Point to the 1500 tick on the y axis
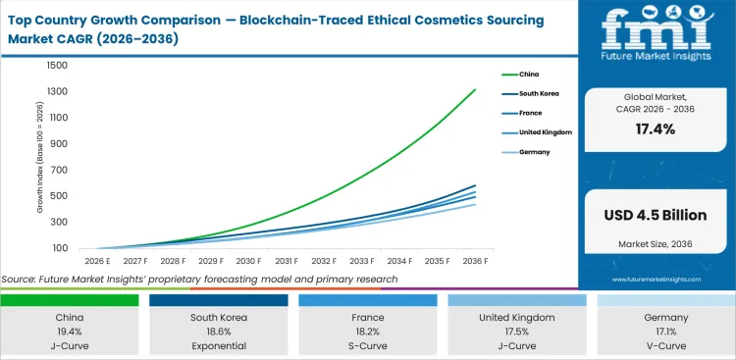56,66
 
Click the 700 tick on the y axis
59,171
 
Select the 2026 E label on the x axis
95,261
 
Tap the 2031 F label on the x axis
286,261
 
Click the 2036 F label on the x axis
476,261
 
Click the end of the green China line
476,89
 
